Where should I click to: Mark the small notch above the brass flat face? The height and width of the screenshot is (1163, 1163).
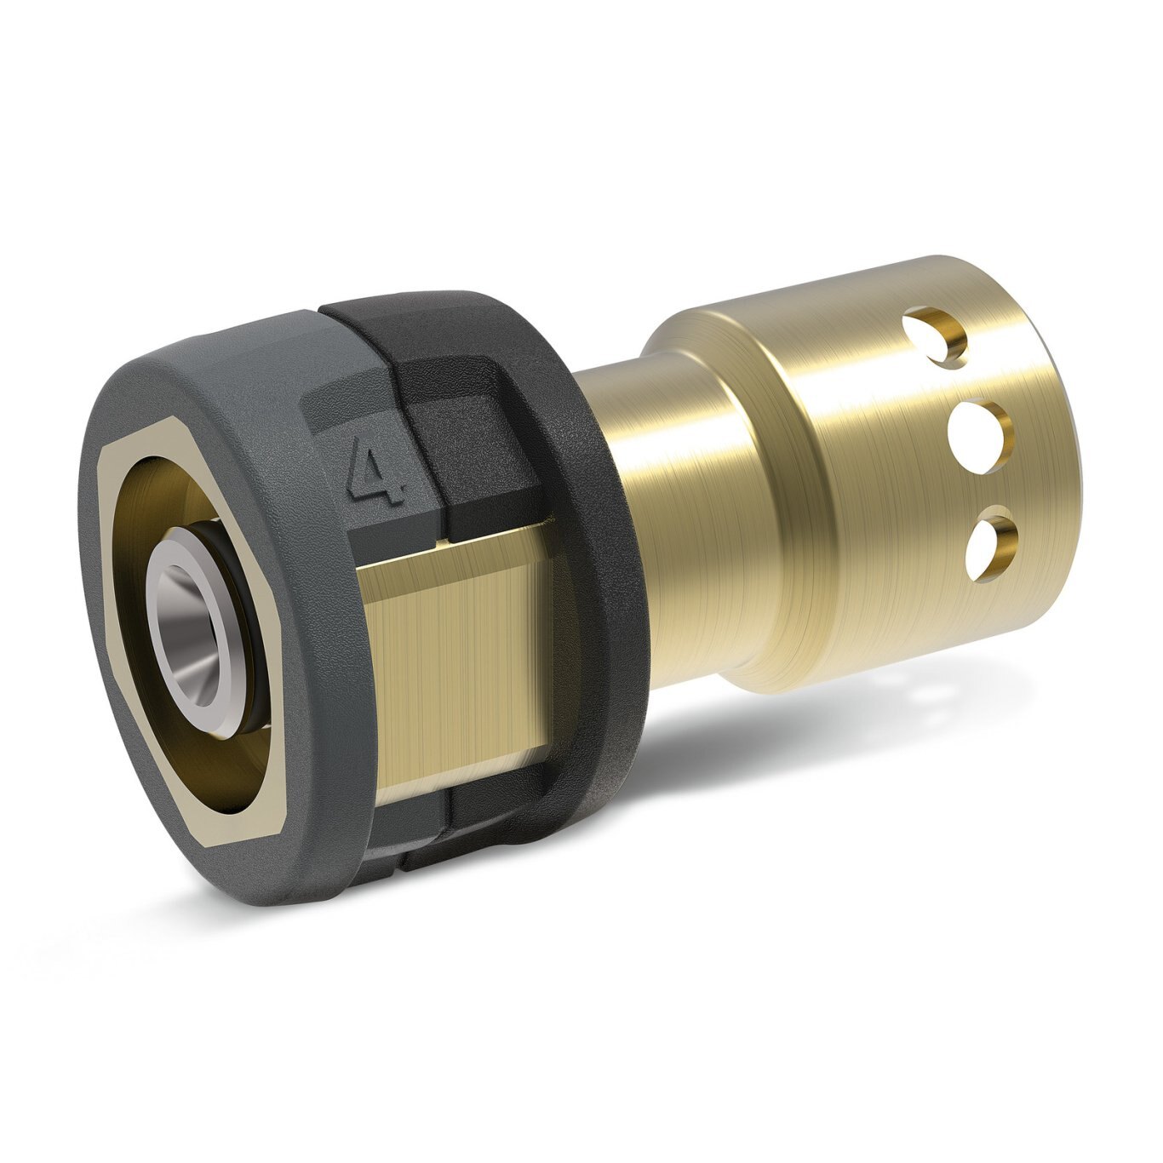click(x=443, y=538)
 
